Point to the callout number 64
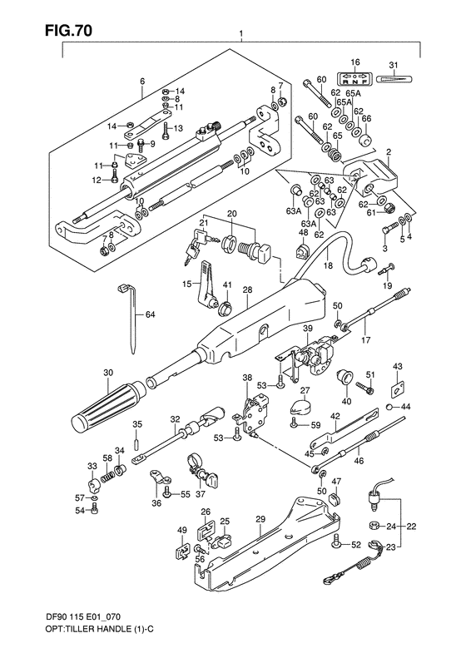tap(151, 314)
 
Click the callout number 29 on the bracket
tap(260, 518)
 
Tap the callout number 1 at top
tap(240, 36)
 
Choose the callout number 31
tap(394, 66)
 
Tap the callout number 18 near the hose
tap(327, 266)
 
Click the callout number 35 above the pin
tap(137, 423)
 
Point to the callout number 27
tap(305, 391)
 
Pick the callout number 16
tap(354, 62)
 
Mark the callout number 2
tap(388, 153)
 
